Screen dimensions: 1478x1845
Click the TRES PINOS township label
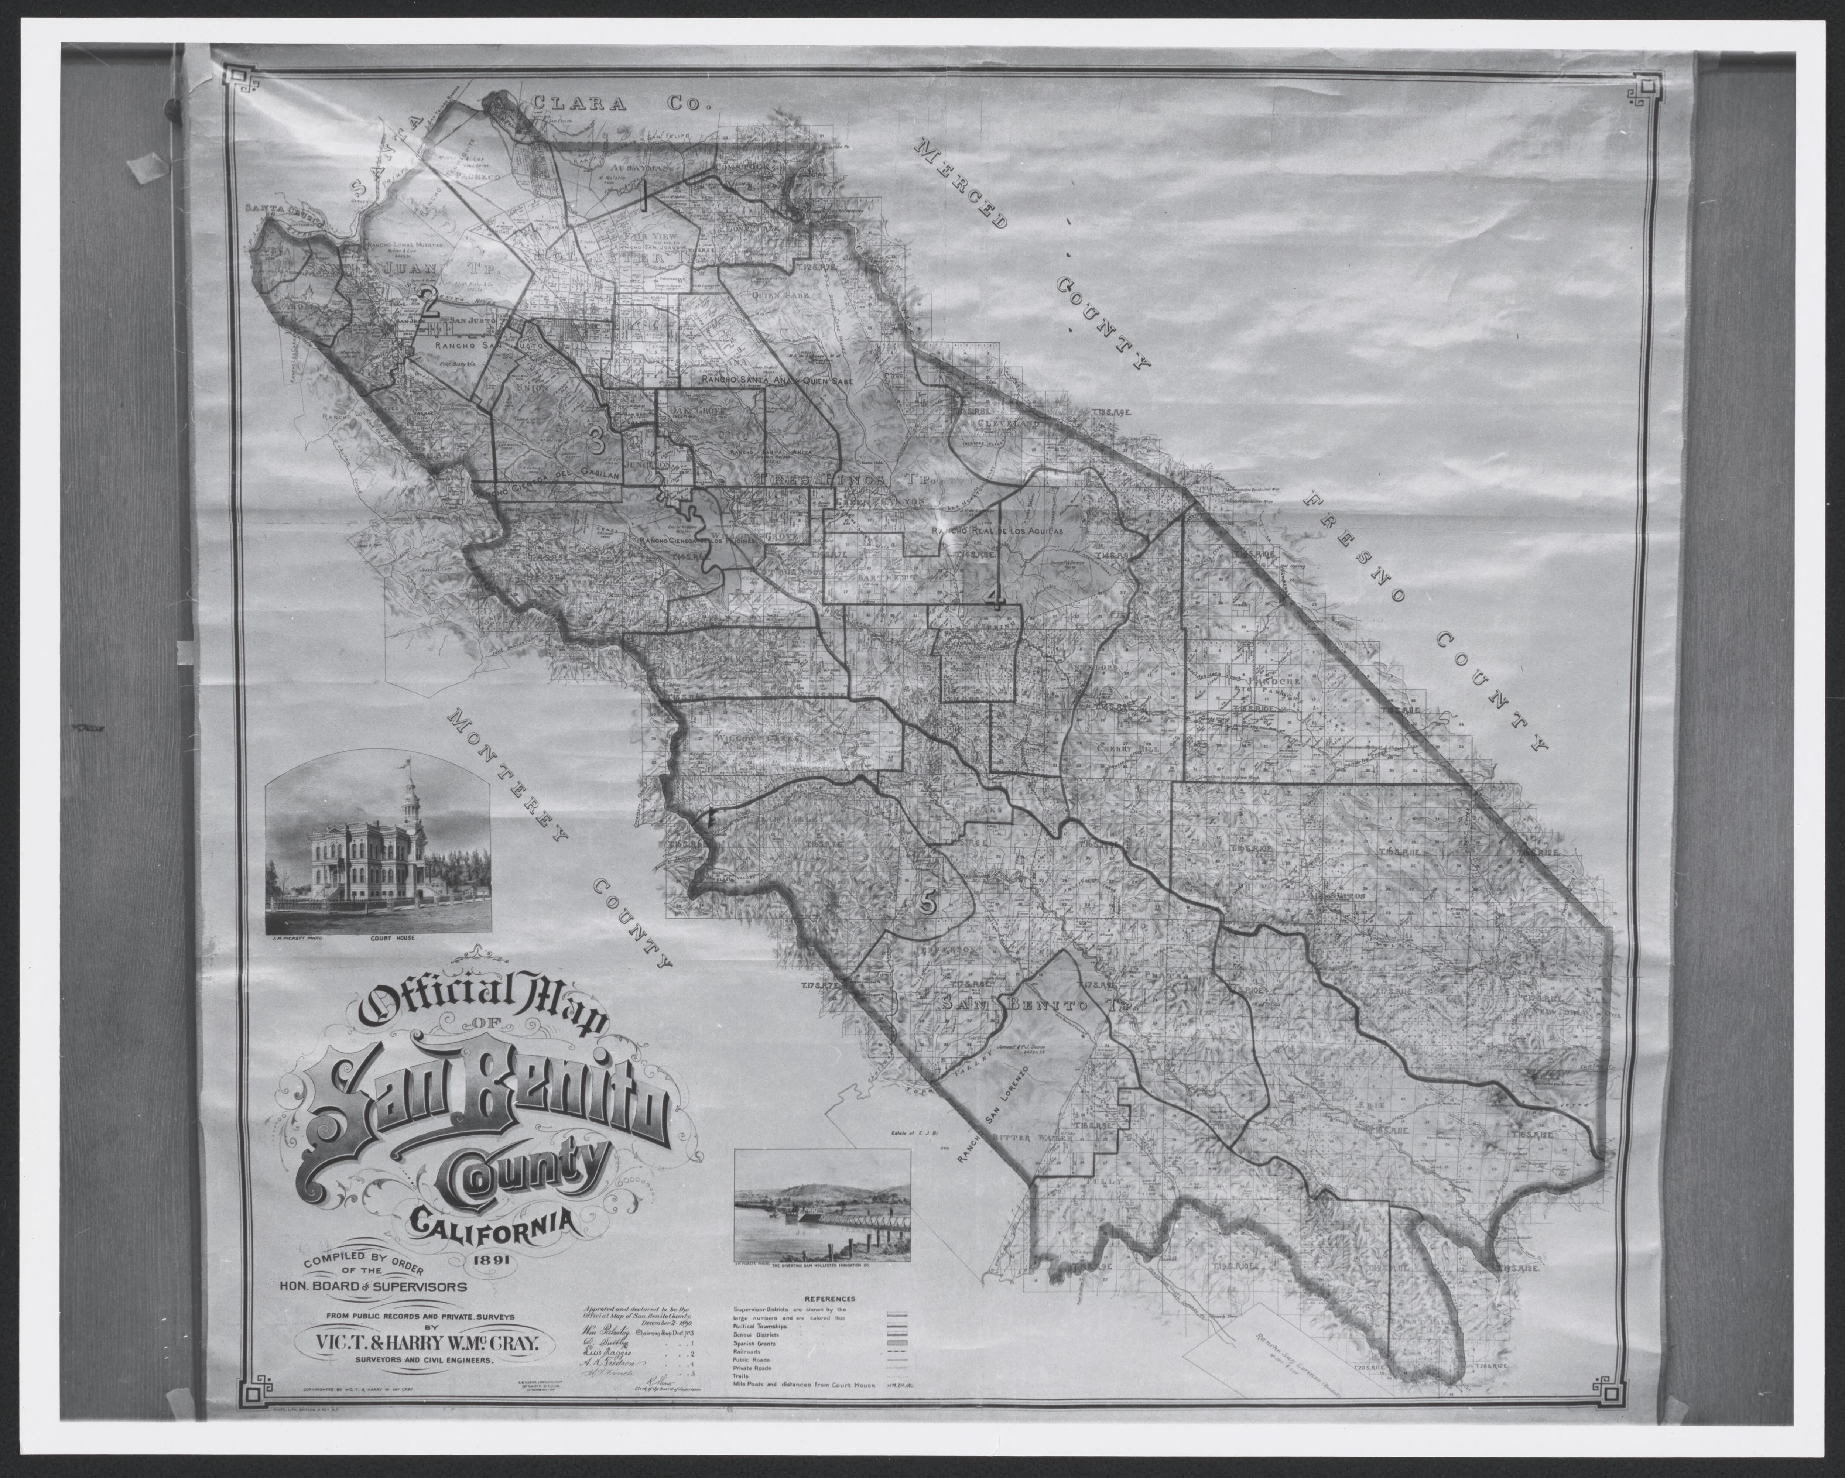[822, 479]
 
